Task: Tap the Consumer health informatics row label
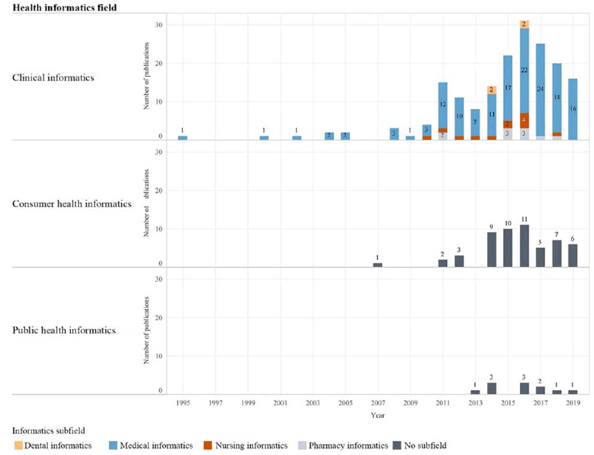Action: [71, 204]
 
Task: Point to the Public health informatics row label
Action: [64, 330]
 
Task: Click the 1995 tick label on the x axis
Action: [182, 404]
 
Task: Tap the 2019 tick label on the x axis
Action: [573, 404]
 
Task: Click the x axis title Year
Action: [377, 415]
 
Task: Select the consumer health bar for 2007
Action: [378, 265]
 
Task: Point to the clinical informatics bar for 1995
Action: [182, 137]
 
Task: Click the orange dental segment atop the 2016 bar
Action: [525, 24]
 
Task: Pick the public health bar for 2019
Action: [573, 392]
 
